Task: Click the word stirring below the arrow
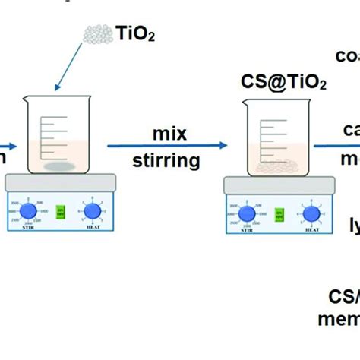pyautogui.click(x=166, y=159)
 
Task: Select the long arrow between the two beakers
pyautogui.click(x=167, y=146)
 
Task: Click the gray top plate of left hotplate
pyautogui.click(x=60, y=182)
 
